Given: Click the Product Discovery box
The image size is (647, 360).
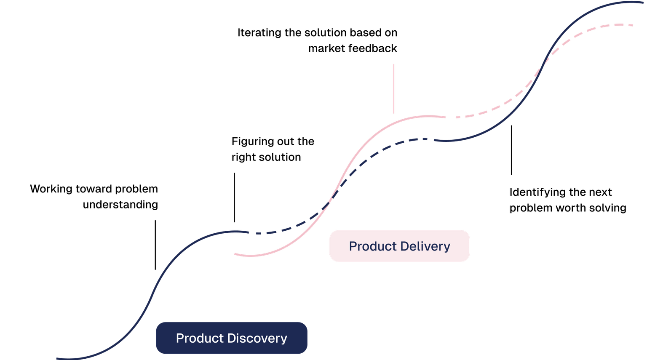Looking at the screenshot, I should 232,338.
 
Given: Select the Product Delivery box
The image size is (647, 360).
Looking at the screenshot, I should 399,246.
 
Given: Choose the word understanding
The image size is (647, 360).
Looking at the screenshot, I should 120,205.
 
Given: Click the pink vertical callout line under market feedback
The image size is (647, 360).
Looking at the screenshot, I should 394,88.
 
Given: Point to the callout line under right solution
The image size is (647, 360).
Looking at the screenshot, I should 235,197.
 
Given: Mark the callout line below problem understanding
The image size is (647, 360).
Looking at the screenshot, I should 155,244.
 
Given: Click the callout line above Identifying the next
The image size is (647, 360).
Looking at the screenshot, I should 512,149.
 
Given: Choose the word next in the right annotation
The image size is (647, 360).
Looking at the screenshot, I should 600,192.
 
